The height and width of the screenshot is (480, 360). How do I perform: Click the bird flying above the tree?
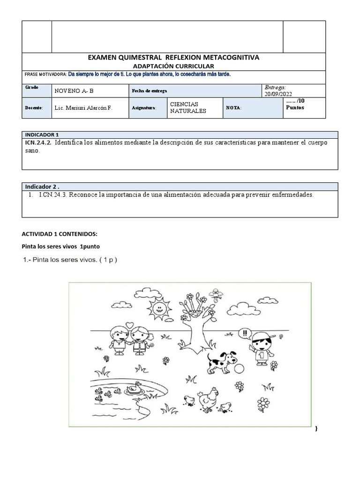pos(216,293)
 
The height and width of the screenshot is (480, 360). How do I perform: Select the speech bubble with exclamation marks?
pos(244,334)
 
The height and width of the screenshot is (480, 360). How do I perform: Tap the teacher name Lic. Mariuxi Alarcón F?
pos(83,108)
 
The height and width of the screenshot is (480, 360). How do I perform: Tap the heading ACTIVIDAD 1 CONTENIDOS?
pos(60,234)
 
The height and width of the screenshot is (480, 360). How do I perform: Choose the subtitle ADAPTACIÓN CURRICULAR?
pos(173,67)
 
